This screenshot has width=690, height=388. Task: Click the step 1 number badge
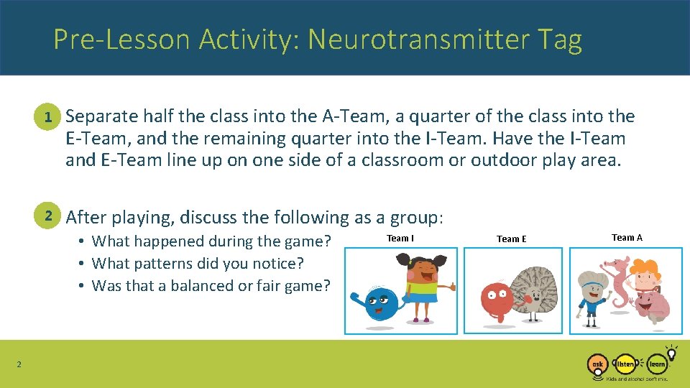click(x=48, y=116)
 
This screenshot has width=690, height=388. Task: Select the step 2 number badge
click(x=48, y=216)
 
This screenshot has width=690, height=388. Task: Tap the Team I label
click(x=400, y=238)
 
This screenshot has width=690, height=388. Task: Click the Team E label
click(x=511, y=239)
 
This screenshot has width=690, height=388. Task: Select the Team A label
click(x=627, y=237)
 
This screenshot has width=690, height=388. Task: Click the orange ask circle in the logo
click(x=597, y=364)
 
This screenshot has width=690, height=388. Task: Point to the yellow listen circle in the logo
click(x=626, y=364)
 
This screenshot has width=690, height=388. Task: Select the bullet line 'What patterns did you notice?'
click(x=198, y=264)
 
